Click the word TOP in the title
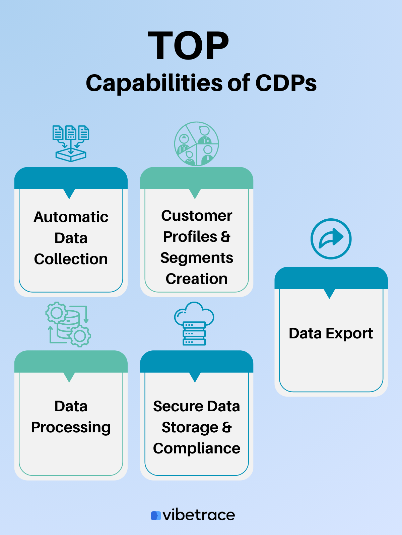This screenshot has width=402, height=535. pyautogui.click(x=188, y=46)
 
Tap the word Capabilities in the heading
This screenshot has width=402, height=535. pyautogui.click(x=154, y=83)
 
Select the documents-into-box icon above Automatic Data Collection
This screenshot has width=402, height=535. pyautogui.click(x=71, y=143)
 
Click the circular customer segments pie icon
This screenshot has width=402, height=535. pyautogui.click(x=197, y=144)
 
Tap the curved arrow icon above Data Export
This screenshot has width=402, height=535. pyautogui.click(x=331, y=239)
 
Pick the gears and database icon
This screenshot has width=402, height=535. pyautogui.click(x=68, y=324)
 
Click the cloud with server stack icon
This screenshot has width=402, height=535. pyautogui.click(x=194, y=323)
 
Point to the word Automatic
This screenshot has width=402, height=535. pyautogui.click(x=71, y=217)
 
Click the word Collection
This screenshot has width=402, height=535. pyautogui.click(x=71, y=259)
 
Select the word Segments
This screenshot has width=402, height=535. pyautogui.click(x=197, y=258)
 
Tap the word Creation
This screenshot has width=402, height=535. pyautogui.click(x=197, y=279)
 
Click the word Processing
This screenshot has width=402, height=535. pyautogui.click(x=71, y=427)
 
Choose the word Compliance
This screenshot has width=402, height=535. pyautogui.click(x=197, y=448)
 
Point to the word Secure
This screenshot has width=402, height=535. pyautogui.click(x=178, y=406)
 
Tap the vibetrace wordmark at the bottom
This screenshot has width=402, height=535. pyautogui.click(x=199, y=515)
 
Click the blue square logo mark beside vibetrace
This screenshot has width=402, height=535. pyautogui.click(x=156, y=516)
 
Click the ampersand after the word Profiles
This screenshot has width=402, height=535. pyautogui.click(x=226, y=237)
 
